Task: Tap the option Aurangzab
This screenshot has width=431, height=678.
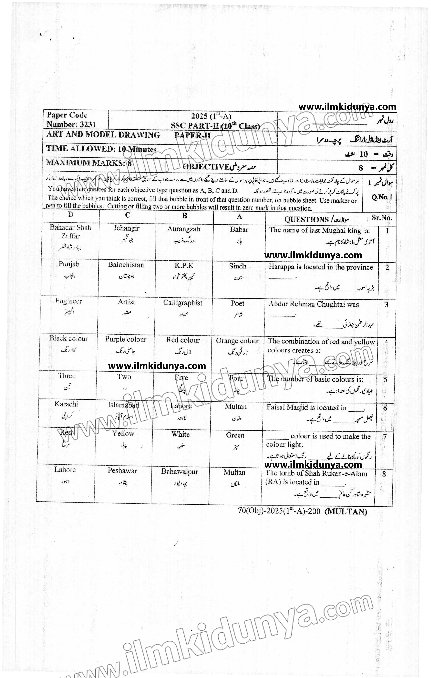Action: [x=183, y=229]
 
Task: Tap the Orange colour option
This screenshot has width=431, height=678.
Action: [x=238, y=341]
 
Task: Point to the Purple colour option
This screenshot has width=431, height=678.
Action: [x=126, y=340]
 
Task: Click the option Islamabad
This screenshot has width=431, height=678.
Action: [x=123, y=405]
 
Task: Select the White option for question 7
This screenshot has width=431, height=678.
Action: [x=181, y=434]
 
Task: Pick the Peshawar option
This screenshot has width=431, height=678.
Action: [x=122, y=471]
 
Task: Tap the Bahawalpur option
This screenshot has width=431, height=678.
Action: [x=180, y=472]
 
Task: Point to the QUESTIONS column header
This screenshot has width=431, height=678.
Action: [x=306, y=219]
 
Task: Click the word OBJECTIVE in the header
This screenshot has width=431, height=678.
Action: [x=206, y=167]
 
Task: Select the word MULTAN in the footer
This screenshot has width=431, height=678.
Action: [x=346, y=512]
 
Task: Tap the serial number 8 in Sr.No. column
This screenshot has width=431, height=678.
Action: [x=384, y=474]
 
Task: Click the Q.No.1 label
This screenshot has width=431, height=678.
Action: [x=382, y=197]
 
